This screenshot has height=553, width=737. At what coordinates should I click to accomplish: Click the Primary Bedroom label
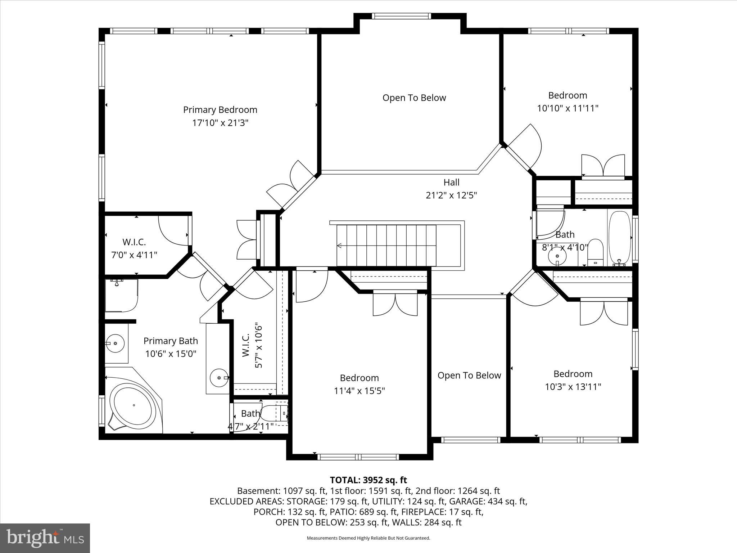pos(220,110)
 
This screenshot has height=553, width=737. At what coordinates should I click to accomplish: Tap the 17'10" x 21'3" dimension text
pos(220,123)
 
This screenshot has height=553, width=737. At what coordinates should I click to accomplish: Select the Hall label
pos(451,182)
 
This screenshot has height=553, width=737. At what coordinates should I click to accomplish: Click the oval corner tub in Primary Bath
pos(134,406)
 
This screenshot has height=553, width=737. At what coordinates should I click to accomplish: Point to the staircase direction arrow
pos(339,246)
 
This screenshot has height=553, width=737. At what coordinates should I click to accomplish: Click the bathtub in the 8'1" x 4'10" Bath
pos(619,238)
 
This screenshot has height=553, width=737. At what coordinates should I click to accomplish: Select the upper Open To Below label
pos(414,98)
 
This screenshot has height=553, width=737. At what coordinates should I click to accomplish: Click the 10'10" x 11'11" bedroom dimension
pos(568,108)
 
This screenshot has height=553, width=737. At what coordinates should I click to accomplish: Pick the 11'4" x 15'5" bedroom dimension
pos(359,391)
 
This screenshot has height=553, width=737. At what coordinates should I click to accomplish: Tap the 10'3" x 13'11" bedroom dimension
pos(573,387)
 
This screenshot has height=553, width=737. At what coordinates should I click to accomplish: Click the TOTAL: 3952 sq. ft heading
pos(368,480)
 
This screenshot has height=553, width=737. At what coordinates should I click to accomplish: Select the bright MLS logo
pos(45,538)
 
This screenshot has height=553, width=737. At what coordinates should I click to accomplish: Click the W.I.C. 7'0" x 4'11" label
pos(134,248)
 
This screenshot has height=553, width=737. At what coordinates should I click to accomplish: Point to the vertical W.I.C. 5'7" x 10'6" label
pos(252,346)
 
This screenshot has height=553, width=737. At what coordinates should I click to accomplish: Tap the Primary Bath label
pos(171,341)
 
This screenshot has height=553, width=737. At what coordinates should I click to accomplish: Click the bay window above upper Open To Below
pos(401,16)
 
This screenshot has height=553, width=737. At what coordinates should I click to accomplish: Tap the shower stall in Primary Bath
pos(121,295)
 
